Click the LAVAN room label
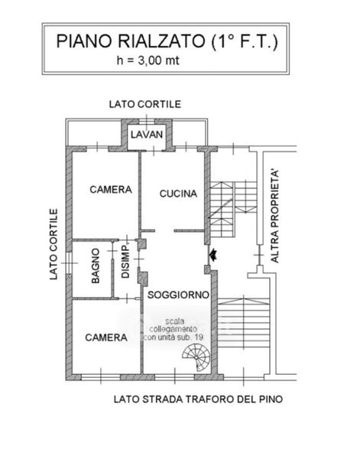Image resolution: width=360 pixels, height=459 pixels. (x=147, y=135)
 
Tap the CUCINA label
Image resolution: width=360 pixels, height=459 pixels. (x=178, y=194)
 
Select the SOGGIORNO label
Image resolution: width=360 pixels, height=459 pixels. (x=178, y=295)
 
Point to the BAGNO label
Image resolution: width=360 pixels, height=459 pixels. (x=96, y=265)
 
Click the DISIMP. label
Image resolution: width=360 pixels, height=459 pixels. (x=125, y=261)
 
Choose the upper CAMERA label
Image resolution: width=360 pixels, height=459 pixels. (x=111, y=190)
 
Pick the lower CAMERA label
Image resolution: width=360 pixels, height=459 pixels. (x=106, y=337)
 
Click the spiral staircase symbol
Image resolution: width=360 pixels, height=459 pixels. (x=196, y=358)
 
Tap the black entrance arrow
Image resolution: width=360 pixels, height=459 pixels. (x=212, y=255)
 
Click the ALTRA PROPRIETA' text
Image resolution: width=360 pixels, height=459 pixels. (x=274, y=216)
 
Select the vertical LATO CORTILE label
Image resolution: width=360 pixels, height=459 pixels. (x=54, y=244)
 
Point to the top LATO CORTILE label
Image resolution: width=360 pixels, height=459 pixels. (x=145, y=104)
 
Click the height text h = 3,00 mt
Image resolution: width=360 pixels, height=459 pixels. (x=148, y=60)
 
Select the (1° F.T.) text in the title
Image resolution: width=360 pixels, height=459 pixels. (x=245, y=42)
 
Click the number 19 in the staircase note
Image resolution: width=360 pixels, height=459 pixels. (x=199, y=337)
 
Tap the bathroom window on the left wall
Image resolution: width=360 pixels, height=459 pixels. (x=69, y=263)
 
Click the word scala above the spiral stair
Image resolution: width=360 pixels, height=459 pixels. (x=174, y=321)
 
